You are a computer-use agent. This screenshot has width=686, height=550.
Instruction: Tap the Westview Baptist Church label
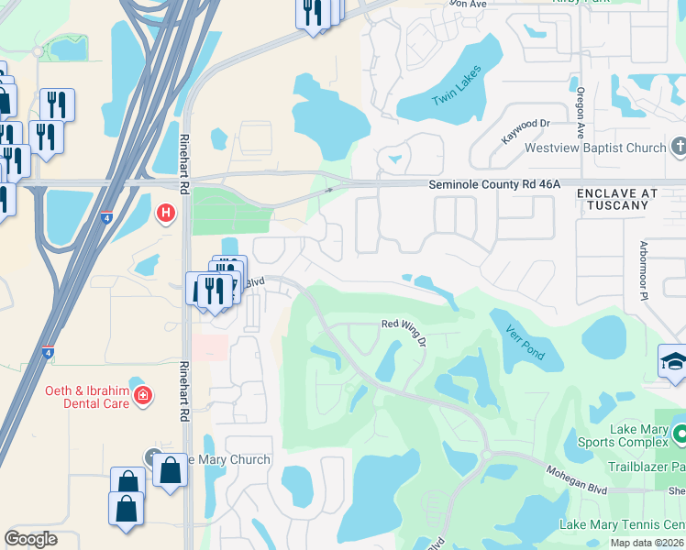594,148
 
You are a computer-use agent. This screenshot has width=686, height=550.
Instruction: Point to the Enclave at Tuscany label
618,199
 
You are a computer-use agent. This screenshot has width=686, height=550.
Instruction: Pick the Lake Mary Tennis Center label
622,524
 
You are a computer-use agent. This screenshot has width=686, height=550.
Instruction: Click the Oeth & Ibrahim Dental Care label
87,397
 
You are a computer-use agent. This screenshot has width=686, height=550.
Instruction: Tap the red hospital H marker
166,214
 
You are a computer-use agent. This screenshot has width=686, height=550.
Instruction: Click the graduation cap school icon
673,359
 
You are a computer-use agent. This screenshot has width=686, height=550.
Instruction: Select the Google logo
30,539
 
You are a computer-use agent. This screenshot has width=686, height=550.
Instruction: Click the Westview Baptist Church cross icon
679,147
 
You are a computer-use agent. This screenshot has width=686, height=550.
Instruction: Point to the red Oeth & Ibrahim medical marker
143,396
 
